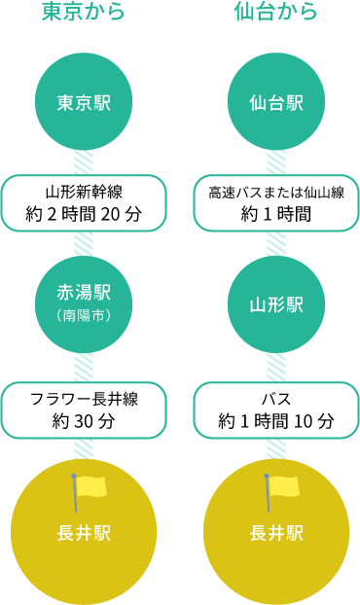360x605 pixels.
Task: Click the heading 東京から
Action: click(84, 12)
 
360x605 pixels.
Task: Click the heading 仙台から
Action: click(276, 12)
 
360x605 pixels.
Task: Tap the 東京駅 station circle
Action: click(84, 101)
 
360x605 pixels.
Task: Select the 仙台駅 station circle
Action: click(276, 101)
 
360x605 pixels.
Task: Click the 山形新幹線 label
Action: click(84, 193)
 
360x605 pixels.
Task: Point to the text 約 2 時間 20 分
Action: click(84, 214)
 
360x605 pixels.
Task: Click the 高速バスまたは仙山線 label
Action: click(276, 193)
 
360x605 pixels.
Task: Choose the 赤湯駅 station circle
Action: click(84, 304)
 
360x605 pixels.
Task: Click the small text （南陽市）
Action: click(84, 316)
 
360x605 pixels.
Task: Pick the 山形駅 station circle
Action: click(276, 304)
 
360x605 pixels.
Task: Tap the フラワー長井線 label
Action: click(84, 399)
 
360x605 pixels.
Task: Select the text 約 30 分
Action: click(84, 420)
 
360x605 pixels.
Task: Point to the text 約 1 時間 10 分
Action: click(276, 420)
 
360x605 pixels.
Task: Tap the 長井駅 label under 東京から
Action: click(84, 534)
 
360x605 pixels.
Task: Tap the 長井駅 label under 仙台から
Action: click(276, 534)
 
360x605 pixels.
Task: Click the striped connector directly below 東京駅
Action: click(84, 162)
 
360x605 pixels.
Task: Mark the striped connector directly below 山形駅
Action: click(276, 368)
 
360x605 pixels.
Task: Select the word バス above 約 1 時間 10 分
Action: click(276, 399)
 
